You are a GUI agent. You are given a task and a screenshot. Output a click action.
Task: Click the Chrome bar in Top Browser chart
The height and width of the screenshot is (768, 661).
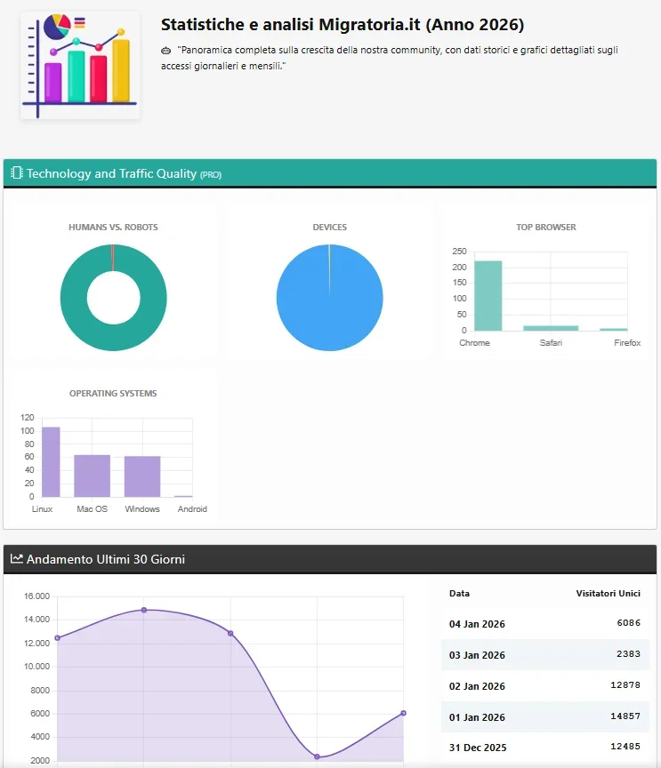click(x=488, y=295)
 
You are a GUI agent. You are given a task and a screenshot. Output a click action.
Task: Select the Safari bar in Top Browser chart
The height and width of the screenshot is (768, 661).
click(x=550, y=327)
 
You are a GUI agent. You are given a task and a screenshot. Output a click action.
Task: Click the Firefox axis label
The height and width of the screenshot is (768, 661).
click(x=627, y=343)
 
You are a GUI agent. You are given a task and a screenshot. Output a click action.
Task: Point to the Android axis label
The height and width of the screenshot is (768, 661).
click(x=192, y=509)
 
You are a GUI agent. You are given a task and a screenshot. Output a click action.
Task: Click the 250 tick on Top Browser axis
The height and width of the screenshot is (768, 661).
click(x=459, y=252)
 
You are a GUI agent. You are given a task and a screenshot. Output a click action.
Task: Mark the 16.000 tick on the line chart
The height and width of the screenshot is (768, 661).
click(x=36, y=596)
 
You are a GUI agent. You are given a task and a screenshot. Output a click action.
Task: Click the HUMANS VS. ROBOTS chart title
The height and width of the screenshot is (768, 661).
click(x=113, y=228)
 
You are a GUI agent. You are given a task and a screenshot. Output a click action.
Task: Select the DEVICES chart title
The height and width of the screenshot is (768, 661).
click(x=329, y=228)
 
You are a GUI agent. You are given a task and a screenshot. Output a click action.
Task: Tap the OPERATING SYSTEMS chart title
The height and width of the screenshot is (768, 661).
click(x=113, y=393)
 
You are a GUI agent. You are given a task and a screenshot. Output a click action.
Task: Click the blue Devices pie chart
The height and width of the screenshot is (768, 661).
click(x=329, y=297)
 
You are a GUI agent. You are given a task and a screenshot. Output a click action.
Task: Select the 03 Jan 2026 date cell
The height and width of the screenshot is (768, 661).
click(x=477, y=655)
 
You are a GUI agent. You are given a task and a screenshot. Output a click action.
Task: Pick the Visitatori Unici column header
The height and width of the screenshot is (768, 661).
click(x=608, y=593)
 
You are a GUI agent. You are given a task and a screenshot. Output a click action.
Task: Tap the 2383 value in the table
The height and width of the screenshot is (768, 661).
click(x=628, y=654)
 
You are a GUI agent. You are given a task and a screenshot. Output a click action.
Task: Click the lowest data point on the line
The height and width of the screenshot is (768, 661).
click(x=317, y=756)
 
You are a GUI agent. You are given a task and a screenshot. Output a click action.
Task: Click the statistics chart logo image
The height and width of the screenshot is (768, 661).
click(x=80, y=65)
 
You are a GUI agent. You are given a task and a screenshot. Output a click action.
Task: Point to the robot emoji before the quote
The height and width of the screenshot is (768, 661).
click(x=166, y=51)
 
